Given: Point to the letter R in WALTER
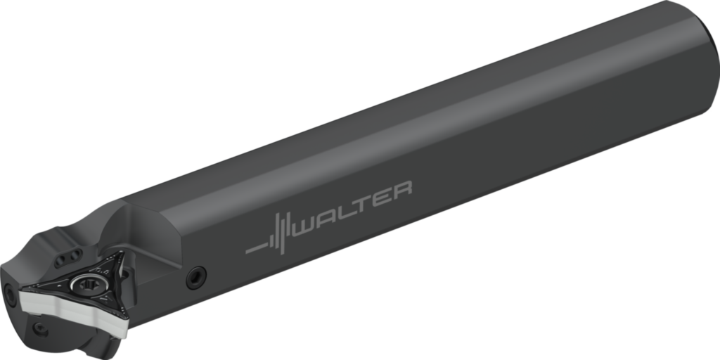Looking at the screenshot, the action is [401, 191].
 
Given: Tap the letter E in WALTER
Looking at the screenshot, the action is [383, 197].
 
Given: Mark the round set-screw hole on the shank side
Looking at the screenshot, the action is [196, 277].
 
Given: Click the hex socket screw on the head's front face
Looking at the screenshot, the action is [9, 295].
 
